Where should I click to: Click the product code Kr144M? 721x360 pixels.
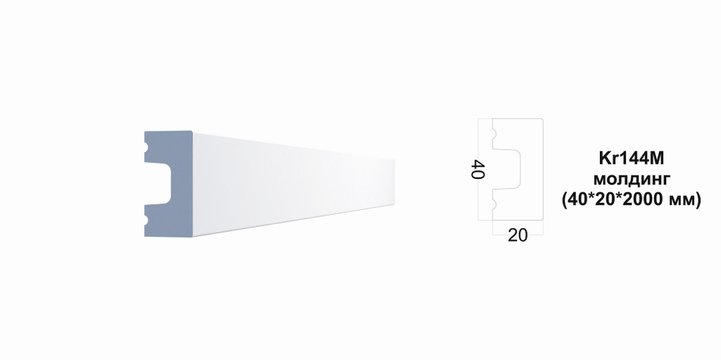click(632, 159)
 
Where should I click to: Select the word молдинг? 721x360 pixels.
click(632, 179)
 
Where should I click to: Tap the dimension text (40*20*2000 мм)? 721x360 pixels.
click(632, 201)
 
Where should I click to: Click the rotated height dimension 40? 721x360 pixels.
click(479, 169)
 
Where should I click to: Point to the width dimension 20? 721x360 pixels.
click(518, 236)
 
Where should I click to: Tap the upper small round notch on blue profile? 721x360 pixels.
click(146, 148)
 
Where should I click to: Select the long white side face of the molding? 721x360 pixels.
click(293, 184)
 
